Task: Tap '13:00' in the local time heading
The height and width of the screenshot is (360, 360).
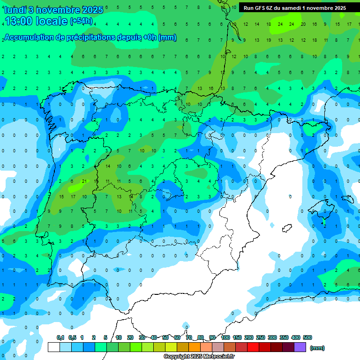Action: click(20, 21)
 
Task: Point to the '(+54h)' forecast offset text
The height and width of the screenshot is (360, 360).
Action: click(81, 21)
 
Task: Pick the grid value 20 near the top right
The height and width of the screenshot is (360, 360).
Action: click(303, 24)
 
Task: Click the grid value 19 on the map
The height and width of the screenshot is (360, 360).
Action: click(269, 40)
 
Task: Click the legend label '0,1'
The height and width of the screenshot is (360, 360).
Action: click(60, 337)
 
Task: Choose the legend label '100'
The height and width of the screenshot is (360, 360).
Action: click(225, 337)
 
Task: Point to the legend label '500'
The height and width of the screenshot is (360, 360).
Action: click(307, 337)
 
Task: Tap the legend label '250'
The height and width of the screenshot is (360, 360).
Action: click(261, 337)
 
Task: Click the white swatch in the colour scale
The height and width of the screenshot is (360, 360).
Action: click(54, 347)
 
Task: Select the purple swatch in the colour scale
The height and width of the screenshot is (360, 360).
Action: click(300, 347)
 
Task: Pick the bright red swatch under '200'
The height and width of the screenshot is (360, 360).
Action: click(253, 347)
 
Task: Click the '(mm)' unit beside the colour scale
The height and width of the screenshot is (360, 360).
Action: click(317, 348)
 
